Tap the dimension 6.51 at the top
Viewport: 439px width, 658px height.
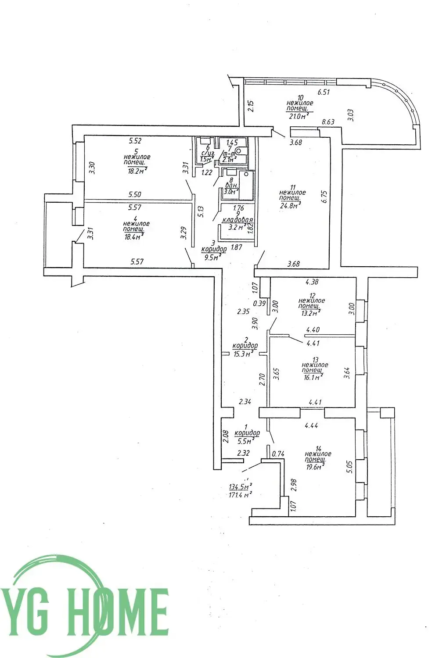[323, 92]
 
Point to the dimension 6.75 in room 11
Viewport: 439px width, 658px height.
[324, 196]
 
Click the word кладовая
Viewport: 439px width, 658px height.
[238, 220]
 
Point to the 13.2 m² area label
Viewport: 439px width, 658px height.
[310, 313]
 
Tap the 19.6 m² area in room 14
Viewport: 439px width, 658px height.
[314, 467]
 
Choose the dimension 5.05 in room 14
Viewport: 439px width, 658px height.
[349, 466]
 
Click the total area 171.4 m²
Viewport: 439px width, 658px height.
[240, 495]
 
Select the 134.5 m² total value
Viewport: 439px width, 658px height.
[240, 487]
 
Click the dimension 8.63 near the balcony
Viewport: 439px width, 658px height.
[328, 122]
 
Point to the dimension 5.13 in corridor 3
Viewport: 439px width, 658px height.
[201, 212]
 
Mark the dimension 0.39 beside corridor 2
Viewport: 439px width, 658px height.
[260, 303]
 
